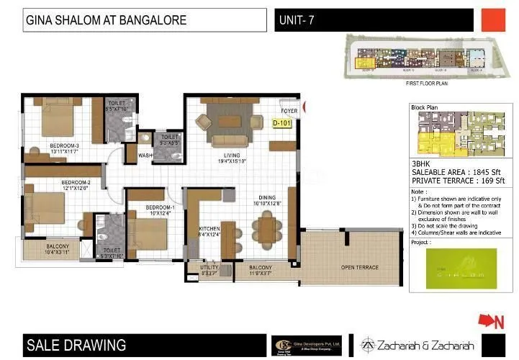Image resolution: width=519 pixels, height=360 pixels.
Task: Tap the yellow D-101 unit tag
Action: (x=282, y=124)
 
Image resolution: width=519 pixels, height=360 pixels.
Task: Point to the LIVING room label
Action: (x=231, y=156)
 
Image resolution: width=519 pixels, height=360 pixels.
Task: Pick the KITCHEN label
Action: (x=210, y=230)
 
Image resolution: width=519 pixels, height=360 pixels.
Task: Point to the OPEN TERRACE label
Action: (x=359, y=268)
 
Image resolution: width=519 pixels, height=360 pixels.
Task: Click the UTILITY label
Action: (x=209, y=269)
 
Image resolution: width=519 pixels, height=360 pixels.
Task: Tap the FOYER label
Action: (x=289, y=111)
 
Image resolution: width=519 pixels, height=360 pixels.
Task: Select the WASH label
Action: (x=145, y=155)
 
